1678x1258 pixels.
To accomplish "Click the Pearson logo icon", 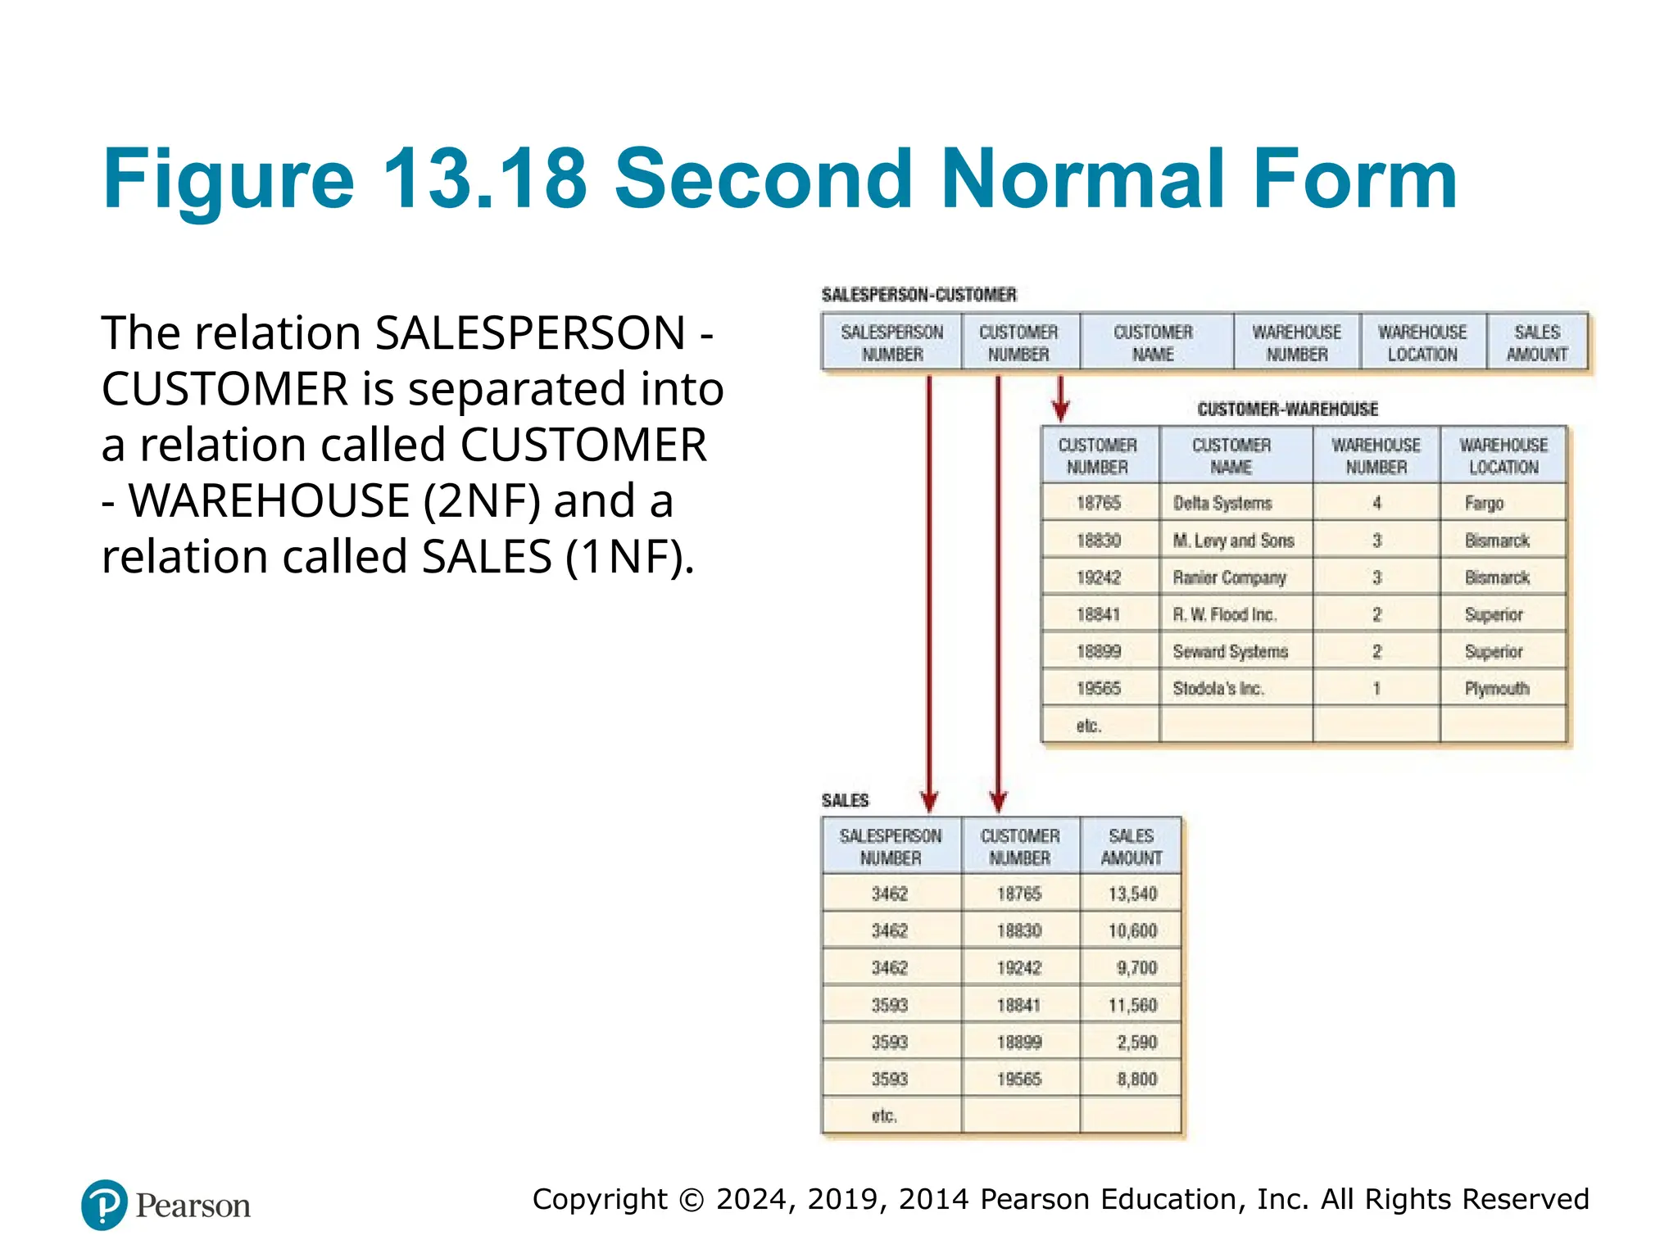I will (104, 1205).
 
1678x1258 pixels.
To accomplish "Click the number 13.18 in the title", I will (484, 179).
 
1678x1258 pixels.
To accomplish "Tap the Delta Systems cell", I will (1222, 503).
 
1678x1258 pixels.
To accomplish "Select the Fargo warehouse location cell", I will (1484, 503).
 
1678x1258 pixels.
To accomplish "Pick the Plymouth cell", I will (1497, 689).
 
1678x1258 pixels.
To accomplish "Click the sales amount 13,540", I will (1132, 894).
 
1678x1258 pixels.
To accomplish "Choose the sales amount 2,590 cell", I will (1136, 1042).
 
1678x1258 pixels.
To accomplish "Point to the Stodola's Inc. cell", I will (1218, 689).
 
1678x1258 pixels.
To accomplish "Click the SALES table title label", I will (845, 800).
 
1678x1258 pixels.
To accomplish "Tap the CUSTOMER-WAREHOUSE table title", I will (1287, 409).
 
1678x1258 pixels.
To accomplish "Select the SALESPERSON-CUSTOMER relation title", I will (918, 295).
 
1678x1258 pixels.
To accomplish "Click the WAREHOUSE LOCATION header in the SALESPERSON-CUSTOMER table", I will (1422, 343).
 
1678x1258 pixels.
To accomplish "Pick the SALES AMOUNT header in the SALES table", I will (1131, 847).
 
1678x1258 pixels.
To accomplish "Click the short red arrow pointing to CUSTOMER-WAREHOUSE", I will (1060, 400).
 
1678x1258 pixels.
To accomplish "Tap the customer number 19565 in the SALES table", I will (1018, 1079).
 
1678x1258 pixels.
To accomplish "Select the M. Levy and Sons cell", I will (1233, 541).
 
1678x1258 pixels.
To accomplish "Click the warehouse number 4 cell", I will (1376, 503).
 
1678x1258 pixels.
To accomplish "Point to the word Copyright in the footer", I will (600, 1199).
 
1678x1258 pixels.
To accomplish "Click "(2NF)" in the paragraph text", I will (482, 501).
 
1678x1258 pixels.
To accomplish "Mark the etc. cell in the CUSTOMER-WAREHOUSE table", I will (1088, 726).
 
